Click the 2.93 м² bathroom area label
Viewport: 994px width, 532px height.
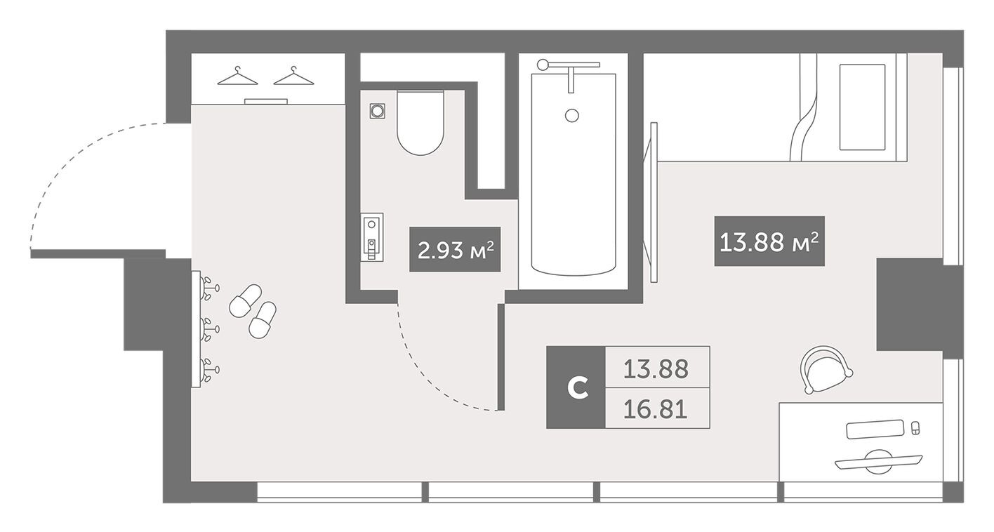point(455,249)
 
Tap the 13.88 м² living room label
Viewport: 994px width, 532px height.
point(769,241)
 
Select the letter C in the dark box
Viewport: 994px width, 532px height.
point(578,388)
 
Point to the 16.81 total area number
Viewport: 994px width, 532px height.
point(656,409)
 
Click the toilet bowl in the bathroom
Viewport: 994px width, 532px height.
point(420,123)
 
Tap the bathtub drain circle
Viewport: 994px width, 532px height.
point(572,116)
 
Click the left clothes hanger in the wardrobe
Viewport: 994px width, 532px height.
point(237,77)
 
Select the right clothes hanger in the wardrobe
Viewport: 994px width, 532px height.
point(293,77)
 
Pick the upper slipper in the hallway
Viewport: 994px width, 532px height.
point(246,300)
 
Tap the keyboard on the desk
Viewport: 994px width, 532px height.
point(875,429)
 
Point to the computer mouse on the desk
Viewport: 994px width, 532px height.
point(915,429)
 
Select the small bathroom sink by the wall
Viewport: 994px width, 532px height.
point(372,237)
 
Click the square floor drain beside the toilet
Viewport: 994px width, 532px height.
point(377,111)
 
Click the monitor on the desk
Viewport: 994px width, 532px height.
point(879,461)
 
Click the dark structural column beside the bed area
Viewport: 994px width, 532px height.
point(910,305)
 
